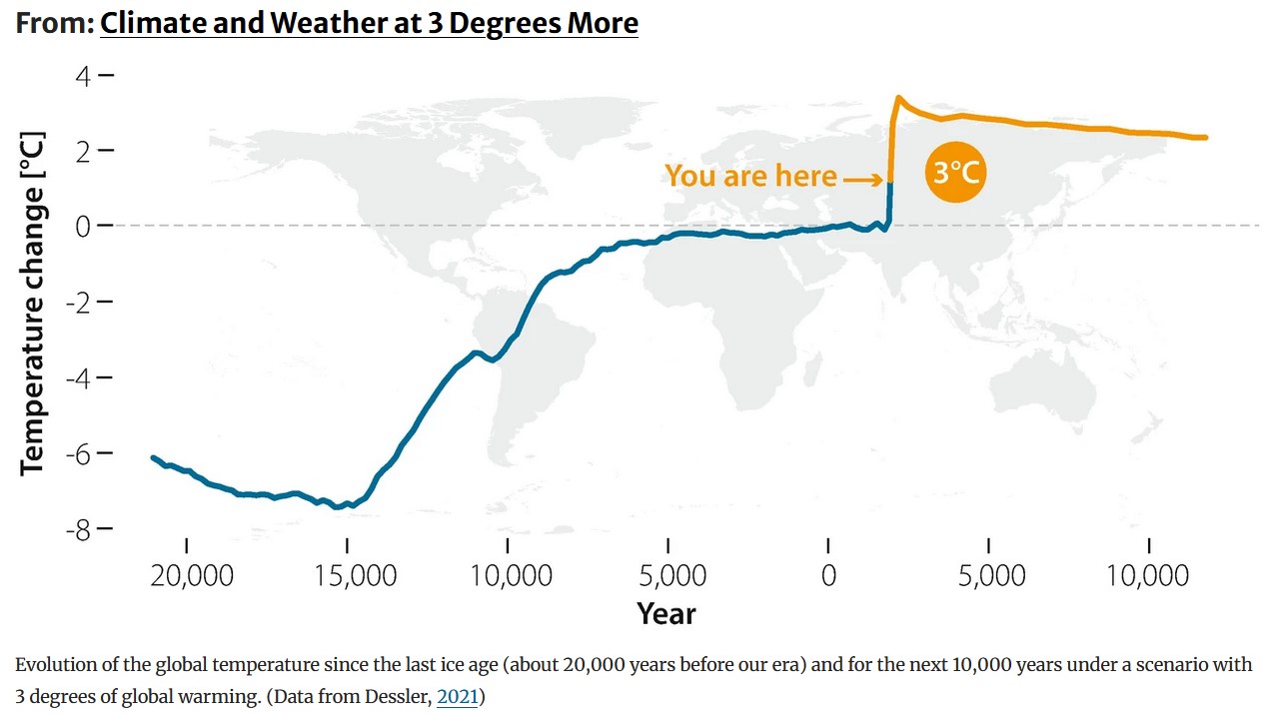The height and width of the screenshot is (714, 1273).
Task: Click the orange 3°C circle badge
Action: [955, 173]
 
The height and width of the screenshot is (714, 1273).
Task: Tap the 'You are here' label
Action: [750, 176]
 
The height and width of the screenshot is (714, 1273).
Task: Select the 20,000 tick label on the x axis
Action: [192, 575]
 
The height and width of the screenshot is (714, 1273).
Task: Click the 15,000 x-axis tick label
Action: [355, 575]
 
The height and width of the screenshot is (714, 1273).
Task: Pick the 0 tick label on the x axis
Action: [828, 575]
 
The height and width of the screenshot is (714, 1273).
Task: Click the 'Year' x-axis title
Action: [666, 613]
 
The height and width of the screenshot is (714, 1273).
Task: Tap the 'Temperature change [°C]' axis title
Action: [32, 302]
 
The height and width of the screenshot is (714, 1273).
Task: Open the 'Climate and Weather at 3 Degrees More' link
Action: [369, 22]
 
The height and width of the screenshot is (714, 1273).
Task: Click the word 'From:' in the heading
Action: [53, 22]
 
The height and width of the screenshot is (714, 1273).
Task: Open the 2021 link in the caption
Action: [458, 697]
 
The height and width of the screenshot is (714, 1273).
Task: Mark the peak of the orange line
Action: [898, 98]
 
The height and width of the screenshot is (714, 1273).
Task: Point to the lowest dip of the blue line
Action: [339, 506]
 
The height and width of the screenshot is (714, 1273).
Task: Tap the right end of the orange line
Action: [1205, 137]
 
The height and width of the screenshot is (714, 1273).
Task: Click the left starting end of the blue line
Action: [153, 457]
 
